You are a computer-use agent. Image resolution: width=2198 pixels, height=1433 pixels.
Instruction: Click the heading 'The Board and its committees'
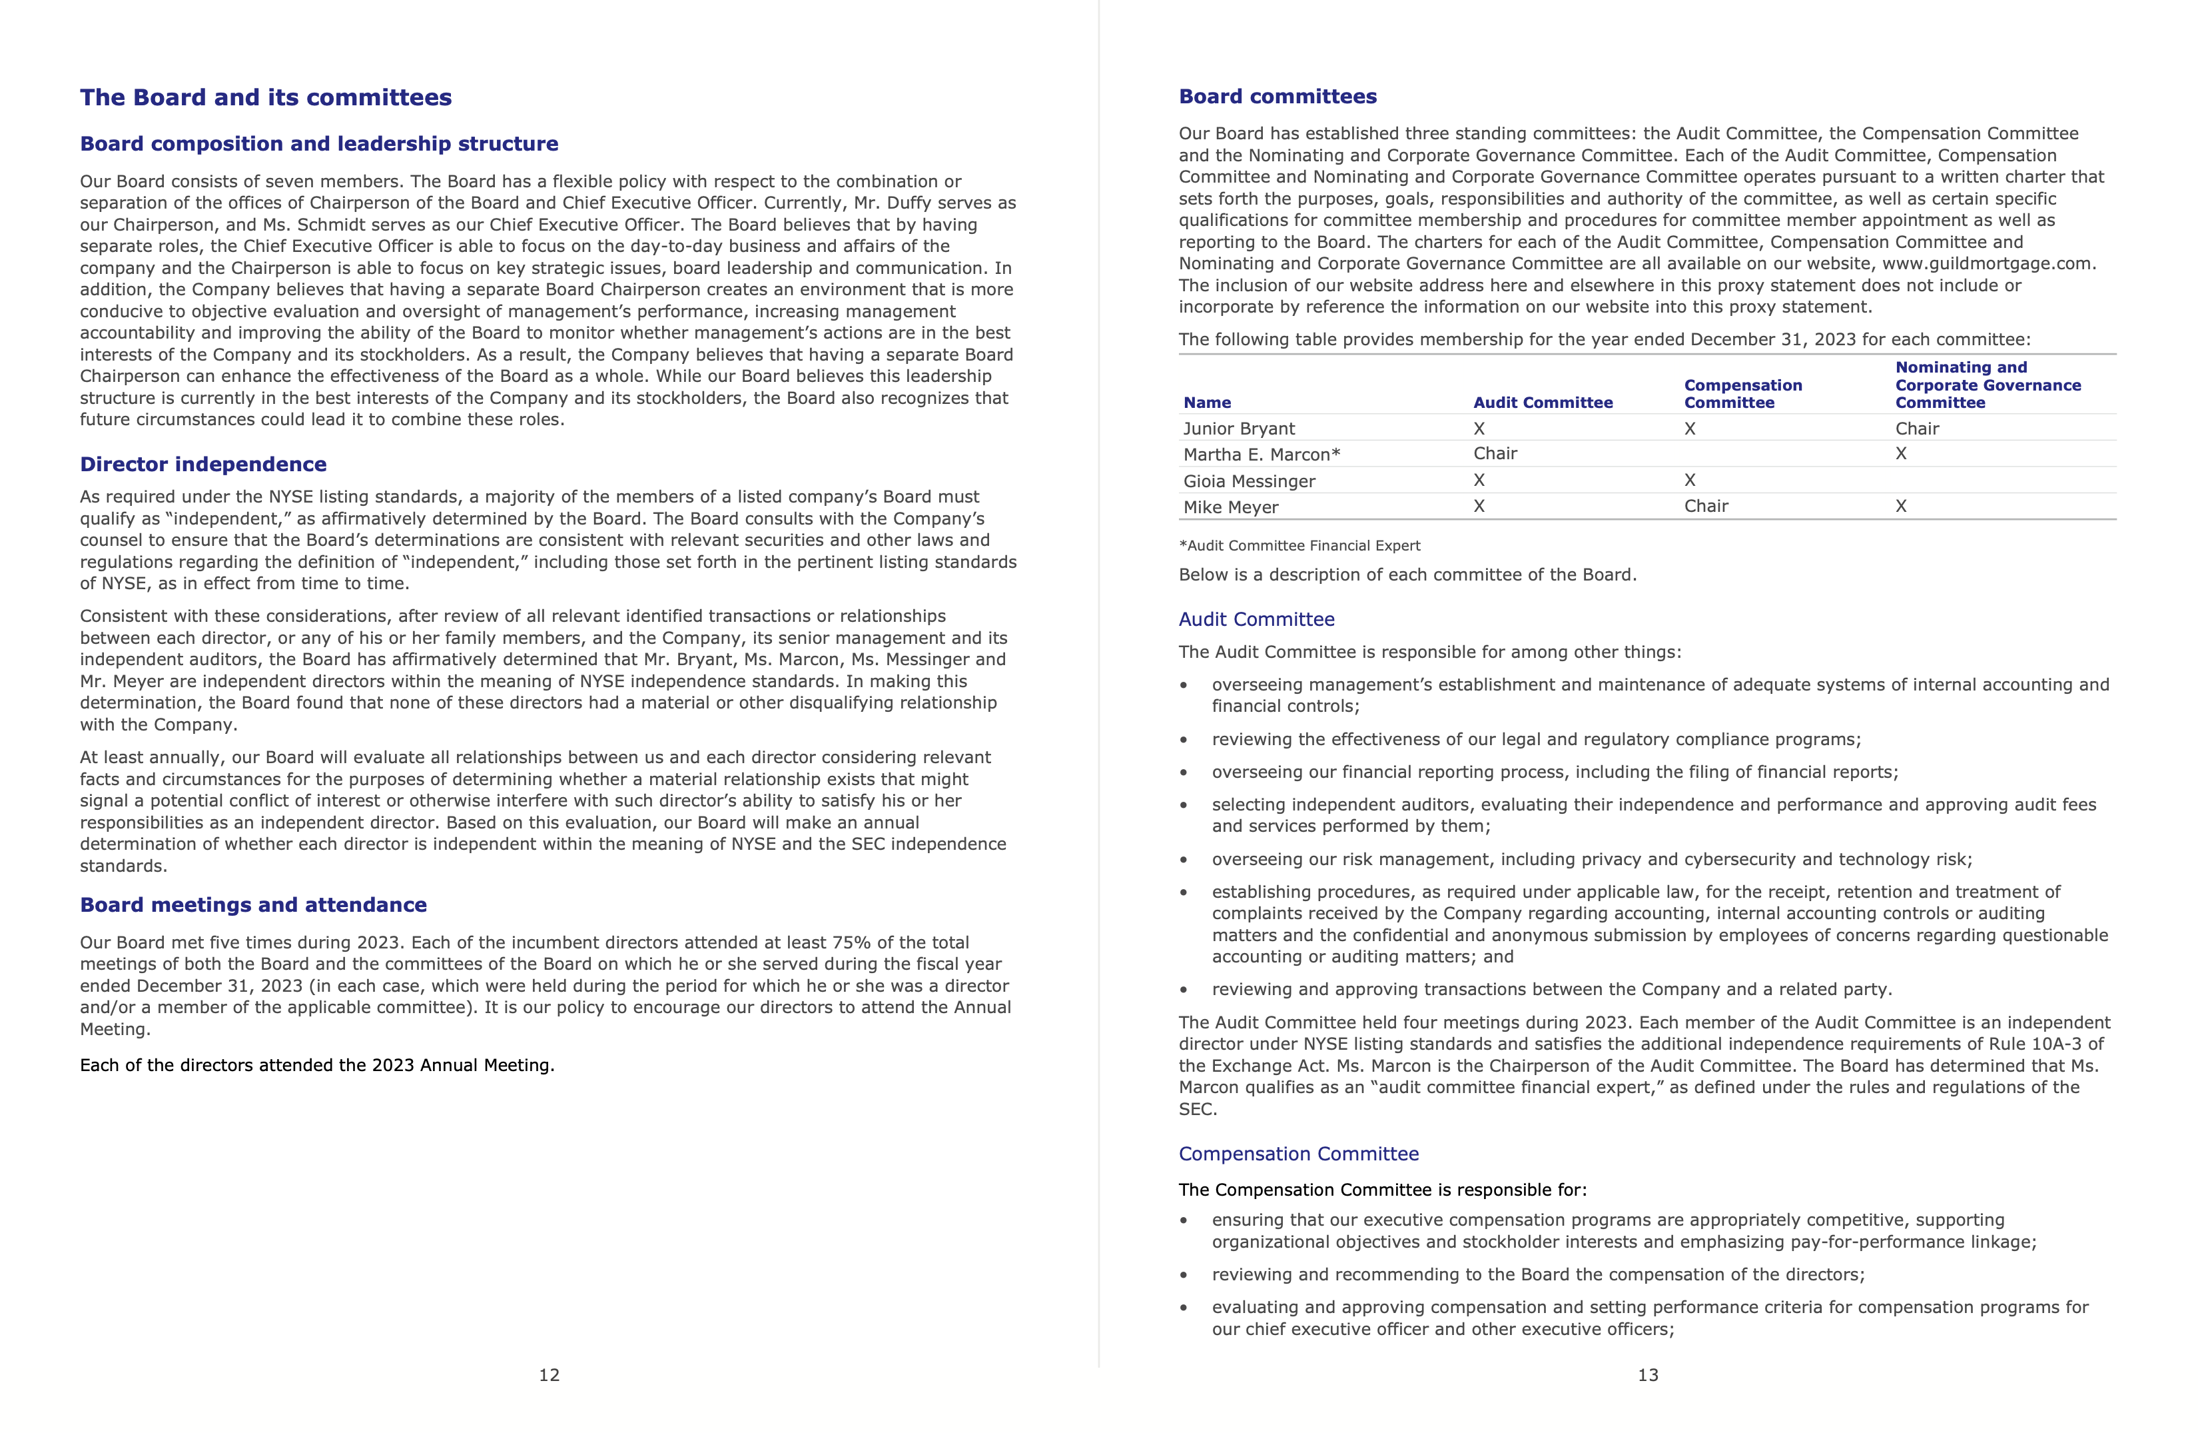[265, 98]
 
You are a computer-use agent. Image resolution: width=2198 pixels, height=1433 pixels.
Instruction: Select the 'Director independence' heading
[203, 465]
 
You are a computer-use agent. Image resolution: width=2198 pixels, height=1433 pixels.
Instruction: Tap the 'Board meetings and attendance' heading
[253, 905]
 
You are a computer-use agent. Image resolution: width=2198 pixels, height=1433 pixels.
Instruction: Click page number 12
[549, 1376]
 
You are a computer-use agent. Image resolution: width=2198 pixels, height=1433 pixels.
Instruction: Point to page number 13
[1648, 1376]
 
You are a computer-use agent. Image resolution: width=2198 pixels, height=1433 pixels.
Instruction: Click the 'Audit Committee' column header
[1543, 403]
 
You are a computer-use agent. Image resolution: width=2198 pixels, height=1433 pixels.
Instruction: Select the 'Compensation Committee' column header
[1742, 394]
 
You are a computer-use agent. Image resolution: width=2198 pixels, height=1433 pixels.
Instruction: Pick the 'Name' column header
[1207, 403]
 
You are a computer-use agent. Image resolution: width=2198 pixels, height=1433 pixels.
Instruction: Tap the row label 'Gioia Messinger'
[1249, 481]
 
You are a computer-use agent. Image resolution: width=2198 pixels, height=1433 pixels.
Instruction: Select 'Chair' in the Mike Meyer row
[1706, 507]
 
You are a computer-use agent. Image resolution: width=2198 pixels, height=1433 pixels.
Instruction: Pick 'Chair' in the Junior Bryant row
[1917, 429]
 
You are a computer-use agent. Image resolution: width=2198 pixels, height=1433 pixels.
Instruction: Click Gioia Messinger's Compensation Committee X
[1690, 481]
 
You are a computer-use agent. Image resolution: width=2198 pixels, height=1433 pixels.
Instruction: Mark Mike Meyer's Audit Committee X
[1479, 507]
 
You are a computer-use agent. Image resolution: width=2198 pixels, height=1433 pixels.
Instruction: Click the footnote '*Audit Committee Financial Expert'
[1299, 546]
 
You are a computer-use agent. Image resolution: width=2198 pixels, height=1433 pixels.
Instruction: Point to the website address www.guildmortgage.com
[1988, 264]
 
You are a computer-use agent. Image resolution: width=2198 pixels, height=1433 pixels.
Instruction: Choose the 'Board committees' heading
[1278, 97]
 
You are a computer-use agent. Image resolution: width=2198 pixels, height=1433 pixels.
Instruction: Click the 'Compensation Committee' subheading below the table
[1298, 1154]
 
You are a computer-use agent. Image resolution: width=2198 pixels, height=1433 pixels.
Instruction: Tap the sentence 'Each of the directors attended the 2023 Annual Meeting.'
[317, 1065]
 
